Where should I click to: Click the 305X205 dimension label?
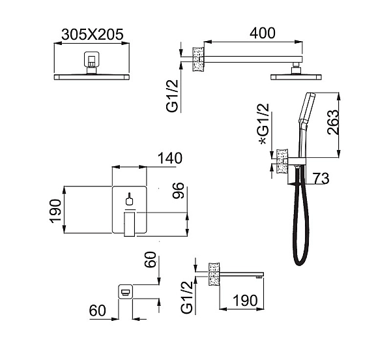tap(93, 35)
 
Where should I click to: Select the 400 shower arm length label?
tap(263, 33)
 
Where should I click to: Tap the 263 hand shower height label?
tap(334, 123)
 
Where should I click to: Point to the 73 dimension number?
tap(321, 178)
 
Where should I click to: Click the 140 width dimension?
tap(170, 158)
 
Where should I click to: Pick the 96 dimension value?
tap(179, 190)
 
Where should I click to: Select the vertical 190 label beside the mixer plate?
tap(55, 211)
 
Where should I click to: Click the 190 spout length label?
tap(245, 301)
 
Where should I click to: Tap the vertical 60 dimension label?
tap(151, 260)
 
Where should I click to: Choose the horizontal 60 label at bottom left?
tap(98, 310)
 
